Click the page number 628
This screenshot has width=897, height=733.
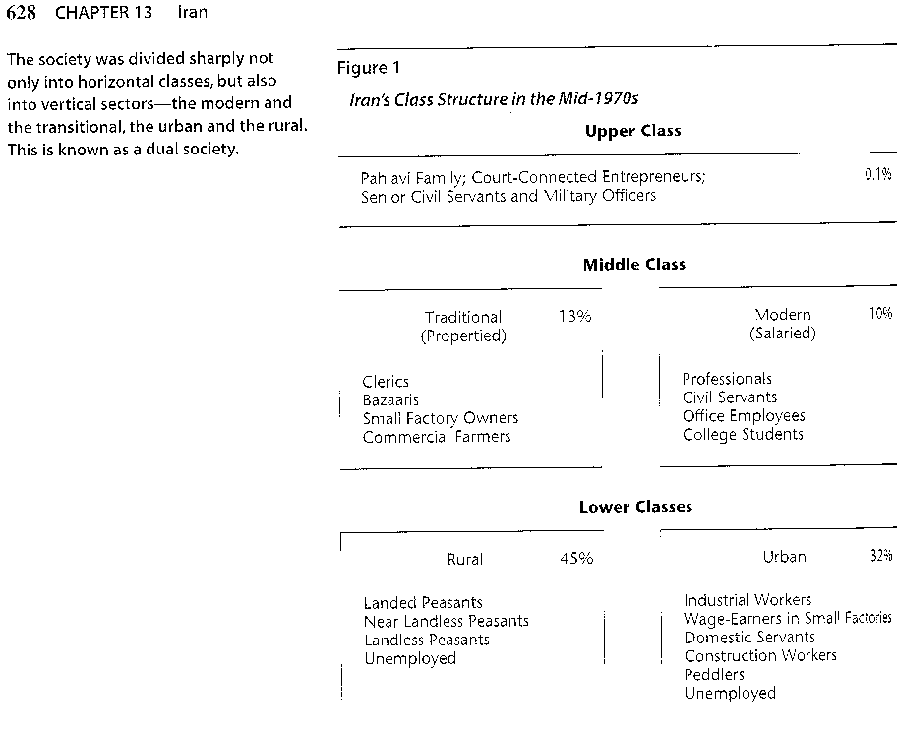point(22,12)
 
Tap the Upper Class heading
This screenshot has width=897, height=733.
point(632,131)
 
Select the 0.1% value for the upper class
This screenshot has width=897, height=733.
point(878,174)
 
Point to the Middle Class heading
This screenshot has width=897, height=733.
point(633,265)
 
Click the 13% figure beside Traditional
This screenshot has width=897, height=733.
point(575,317)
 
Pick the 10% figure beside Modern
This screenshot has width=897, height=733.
point(881,313)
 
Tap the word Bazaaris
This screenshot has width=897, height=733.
point(390,400)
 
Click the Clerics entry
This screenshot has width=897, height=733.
point(386,382)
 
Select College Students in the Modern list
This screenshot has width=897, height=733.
point(743,434)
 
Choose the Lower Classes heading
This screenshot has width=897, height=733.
point(635,507)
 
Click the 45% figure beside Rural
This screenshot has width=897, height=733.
point(576,559)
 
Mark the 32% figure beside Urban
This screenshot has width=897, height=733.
point(881,555)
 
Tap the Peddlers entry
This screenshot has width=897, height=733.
point(714,675)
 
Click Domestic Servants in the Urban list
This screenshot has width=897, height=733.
point(749,638)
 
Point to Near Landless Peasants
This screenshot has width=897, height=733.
point(447,622)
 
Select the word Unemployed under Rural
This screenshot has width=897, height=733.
point(410,658)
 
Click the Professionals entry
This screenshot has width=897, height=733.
point(727,379)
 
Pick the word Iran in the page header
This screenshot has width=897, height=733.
point(192,12)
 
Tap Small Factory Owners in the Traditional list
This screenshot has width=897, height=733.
point(441,418)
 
